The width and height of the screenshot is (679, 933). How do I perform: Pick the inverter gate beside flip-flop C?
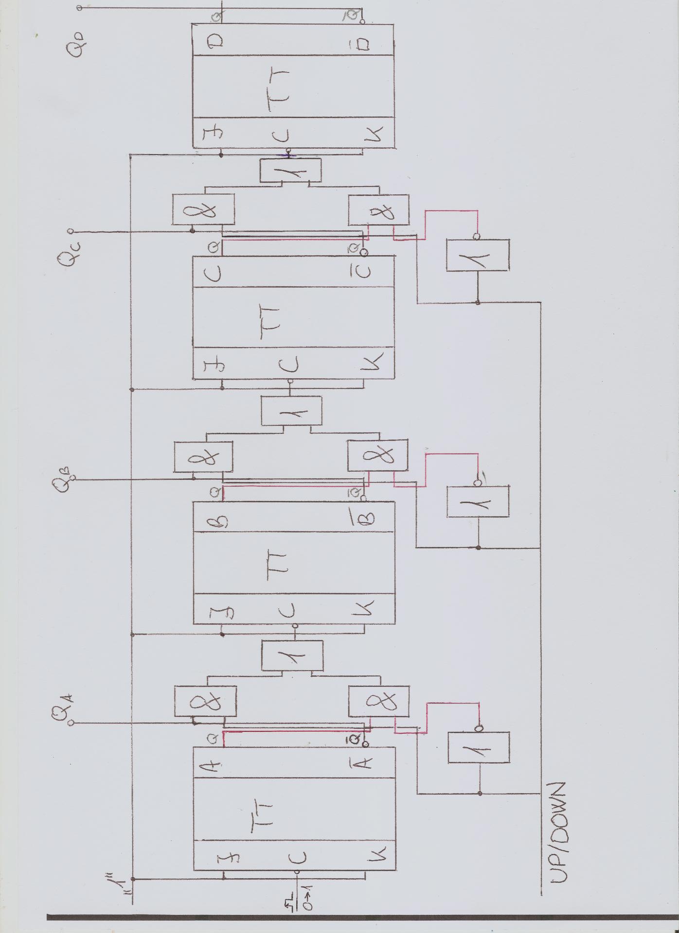[478, 255]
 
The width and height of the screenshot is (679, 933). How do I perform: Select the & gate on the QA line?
[205, 701]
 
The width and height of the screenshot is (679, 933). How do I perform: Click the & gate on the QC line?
[203, 209]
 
